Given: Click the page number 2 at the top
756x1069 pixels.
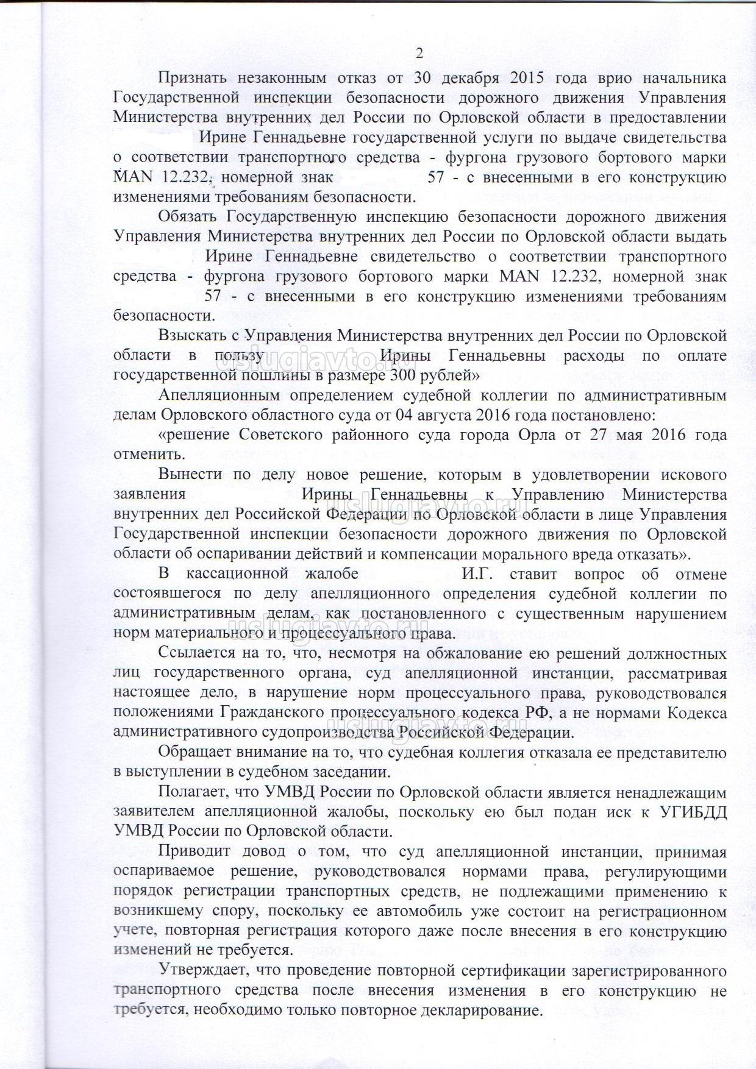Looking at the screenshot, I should coord(419,53).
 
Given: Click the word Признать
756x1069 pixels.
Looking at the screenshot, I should coord(192,78).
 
